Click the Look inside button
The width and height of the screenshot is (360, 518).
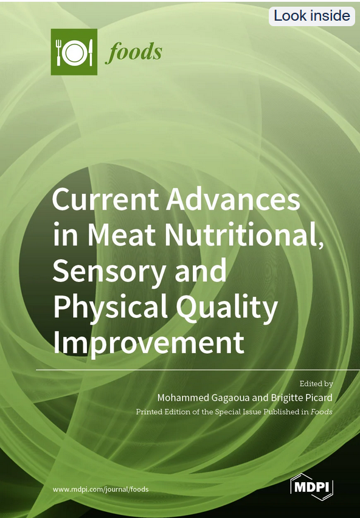312,16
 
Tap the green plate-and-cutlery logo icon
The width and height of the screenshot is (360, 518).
74,52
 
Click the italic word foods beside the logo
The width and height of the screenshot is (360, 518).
134,52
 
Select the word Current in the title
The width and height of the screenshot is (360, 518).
103,199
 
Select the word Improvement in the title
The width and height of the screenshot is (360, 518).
148,342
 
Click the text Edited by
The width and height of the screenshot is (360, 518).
316,384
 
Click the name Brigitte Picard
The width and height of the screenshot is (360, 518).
299,398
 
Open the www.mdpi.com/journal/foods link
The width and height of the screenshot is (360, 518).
101,489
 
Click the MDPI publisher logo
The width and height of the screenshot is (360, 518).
312,487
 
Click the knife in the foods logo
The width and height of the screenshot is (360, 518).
90,53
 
